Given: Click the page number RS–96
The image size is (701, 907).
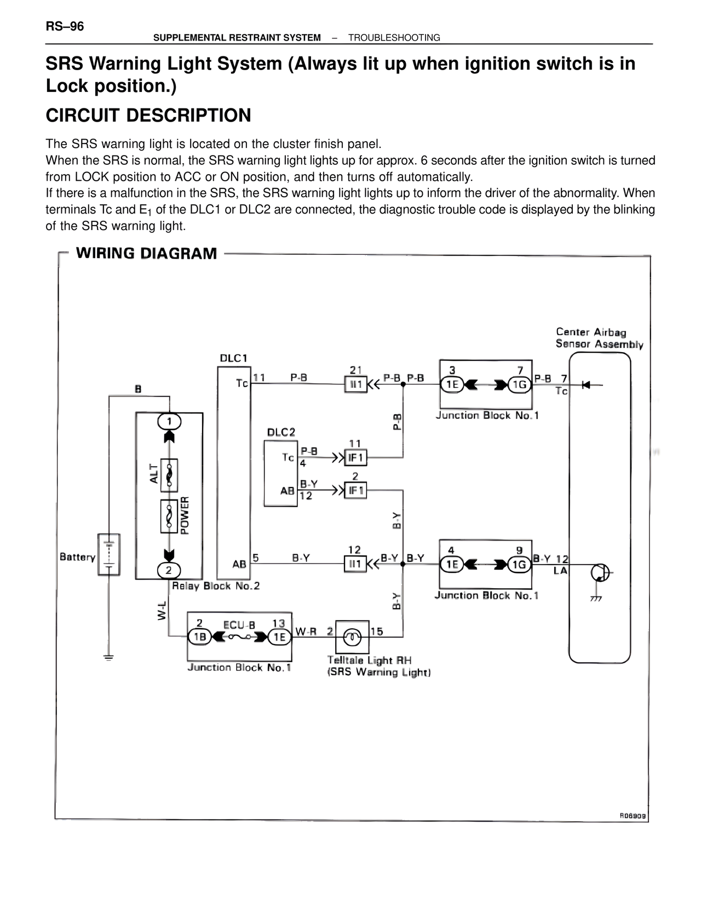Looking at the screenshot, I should [65, 26].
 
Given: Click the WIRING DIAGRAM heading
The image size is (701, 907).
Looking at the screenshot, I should [146, 254].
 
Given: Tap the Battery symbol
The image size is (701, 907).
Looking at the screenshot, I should [109, 554].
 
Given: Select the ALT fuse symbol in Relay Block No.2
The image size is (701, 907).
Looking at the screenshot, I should [169, 474].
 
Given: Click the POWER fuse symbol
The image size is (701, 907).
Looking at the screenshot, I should [169, 516].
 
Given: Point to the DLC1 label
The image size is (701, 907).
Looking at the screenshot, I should [234, 358].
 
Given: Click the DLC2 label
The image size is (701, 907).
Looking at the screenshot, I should [281, 432].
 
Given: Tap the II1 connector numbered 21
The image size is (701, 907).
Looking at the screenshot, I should [355, 384].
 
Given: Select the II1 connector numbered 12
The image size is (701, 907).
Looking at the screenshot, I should [355, 564].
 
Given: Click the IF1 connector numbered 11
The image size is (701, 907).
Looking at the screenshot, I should [355, 457].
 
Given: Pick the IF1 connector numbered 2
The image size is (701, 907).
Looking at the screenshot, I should [355, 490].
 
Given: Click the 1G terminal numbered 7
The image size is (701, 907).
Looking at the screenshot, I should [519, 384].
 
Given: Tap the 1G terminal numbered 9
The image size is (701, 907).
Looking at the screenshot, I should [519, 564].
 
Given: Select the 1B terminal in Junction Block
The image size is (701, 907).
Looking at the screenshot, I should [199, 636].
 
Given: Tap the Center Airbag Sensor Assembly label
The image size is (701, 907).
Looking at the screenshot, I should [599, 338].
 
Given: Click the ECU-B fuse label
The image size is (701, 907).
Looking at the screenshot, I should [239, 625].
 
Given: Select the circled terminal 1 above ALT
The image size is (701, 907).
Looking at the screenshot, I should [169, 421].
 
